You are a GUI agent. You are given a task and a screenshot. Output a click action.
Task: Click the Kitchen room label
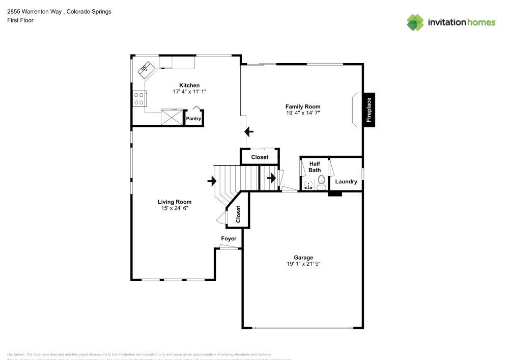(189, 85)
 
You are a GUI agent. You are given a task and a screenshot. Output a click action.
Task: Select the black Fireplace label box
(369, 110)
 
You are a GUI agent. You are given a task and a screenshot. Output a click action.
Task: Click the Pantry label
(193, 119)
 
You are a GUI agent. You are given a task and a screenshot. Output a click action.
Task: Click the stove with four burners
(138, 98)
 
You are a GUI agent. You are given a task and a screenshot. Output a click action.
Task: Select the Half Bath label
(314, 167)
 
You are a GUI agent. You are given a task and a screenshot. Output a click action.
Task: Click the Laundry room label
(346, 181)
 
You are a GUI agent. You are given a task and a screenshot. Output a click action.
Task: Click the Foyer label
(228, 239)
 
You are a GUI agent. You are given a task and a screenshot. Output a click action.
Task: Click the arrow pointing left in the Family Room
(248, 132)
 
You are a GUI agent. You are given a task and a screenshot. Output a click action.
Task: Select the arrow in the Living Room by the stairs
(212, 181)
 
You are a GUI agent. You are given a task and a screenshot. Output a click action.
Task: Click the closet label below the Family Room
(260, 157)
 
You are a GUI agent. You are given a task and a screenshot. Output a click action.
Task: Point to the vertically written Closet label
(238, 215)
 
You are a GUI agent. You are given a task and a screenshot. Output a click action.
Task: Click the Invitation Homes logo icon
(415, 22)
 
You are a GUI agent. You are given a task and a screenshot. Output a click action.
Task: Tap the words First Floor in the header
(20, 20)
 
